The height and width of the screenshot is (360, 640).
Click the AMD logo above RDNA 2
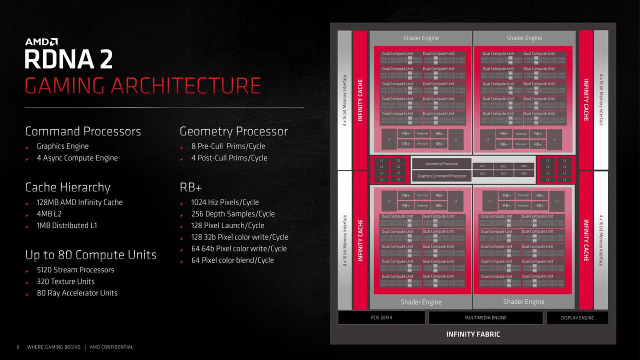tap(41, 41)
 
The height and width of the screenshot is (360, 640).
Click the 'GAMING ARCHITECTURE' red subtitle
tap(143, 86)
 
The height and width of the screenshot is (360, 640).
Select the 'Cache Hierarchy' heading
tap(67, 187)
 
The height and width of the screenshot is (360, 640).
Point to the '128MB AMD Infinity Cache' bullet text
tap(79, 202)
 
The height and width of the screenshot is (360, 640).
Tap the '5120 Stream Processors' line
tap(75, 270)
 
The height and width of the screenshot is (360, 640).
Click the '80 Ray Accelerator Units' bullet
tap(77, 293)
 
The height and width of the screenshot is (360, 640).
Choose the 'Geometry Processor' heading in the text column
tap(233, 131)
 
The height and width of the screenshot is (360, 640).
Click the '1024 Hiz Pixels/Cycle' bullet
tap(225, 202)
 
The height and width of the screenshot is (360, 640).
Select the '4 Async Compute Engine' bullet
tap(77, 158)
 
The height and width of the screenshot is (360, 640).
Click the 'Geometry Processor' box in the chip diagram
tap(441, 164)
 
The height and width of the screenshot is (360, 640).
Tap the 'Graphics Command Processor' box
tap(441, 176)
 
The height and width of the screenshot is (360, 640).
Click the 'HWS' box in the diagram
tap(523, 166)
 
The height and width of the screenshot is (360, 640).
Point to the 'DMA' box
tap(523, 173)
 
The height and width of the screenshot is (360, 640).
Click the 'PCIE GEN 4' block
tap(381, 317)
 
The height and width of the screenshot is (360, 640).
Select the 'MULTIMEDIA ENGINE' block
tap(485, 317)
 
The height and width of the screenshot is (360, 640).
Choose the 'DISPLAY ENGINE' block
tap(577, 317)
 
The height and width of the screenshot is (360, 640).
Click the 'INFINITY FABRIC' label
tap(472, 334)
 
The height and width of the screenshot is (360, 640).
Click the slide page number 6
tap(18, 347)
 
